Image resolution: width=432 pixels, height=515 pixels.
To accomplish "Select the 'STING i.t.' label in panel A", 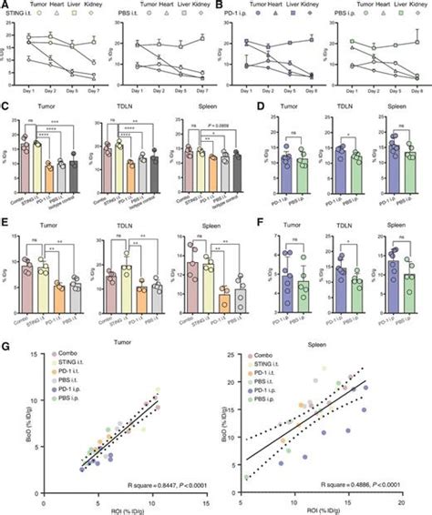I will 17,15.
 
